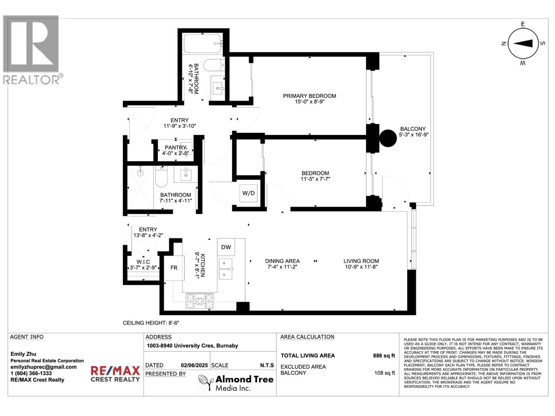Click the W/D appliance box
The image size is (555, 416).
(248, 193)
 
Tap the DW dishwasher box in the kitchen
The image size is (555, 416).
(226, 247)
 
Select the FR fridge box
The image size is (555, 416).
(174, 268)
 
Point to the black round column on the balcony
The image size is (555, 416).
(388, 138)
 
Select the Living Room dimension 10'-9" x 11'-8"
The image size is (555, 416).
(361, 267)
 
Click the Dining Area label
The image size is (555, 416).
(282, 261)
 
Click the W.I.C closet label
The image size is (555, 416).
(143, 262)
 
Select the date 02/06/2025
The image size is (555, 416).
(194, 365)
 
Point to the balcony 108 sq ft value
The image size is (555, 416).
(384, 373)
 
